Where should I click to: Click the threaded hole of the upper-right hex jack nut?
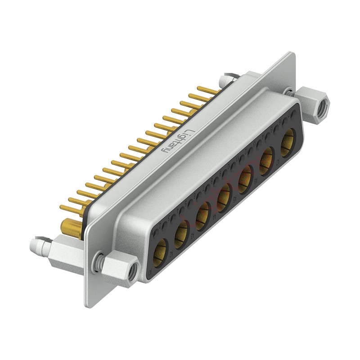click(x=323, y=107)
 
